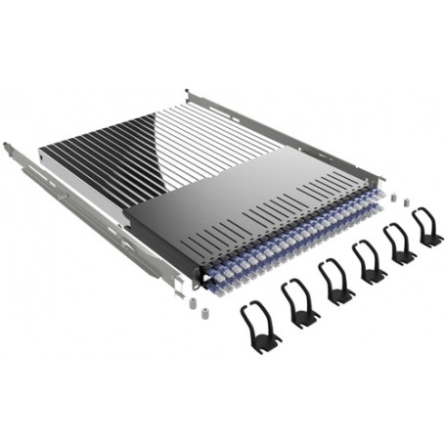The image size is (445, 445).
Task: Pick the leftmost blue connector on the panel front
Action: point(209,278)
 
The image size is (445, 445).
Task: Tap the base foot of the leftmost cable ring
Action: point(265,342)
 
